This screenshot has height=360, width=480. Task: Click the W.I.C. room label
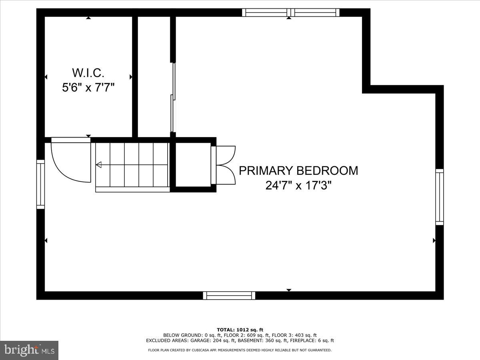point(88,73)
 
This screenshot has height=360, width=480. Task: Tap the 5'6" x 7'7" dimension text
point(88,87)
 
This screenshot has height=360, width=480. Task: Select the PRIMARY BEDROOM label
point(298,171)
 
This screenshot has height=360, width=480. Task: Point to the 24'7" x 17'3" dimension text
point(298,186)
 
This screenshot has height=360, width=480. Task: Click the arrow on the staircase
point(99,164)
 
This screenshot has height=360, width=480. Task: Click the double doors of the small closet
point(226,165)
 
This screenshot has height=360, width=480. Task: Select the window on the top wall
point(291,12)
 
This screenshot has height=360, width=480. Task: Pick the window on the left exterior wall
point(40,184)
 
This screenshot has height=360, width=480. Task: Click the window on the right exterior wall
point(440,196)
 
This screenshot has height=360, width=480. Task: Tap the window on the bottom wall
point(229,296)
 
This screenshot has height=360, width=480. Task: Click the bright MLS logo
point(29,350)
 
